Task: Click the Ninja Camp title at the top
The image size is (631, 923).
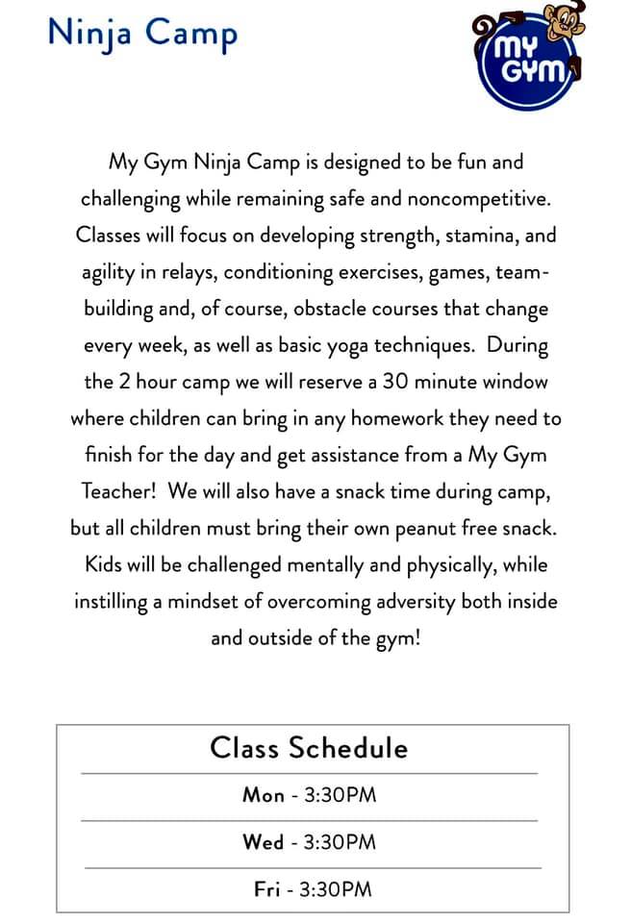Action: point(142,34)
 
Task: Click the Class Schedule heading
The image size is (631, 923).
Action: point(309,747)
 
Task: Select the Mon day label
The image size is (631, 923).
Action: point(263,795)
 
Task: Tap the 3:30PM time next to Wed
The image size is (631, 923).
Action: point(340,842)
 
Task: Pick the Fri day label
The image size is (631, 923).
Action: point(266,889)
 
